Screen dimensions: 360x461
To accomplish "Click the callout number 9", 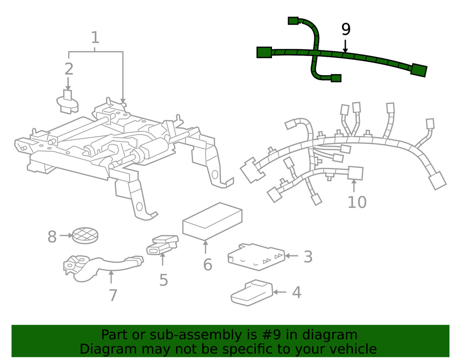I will pyautogui.click(x=346, y=30).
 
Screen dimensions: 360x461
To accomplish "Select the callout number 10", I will pyautogui.click(x=357, y=202).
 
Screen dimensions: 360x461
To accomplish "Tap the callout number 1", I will pyautogui.click(x=95, y=37).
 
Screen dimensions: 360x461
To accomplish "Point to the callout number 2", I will pyautogui.click(x=69, y=69).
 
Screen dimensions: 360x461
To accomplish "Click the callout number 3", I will pyautogui.click(x=308, y=257).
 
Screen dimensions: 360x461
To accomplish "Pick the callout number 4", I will pyautogui.click(x=296, y=292).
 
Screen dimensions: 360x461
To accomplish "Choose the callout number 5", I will pyautogui.click(x=164, y=280).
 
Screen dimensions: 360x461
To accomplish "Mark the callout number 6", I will pyautogui.click(x=207, y=265).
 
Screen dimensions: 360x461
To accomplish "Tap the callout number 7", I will pyautogui.click(x=113, y=295).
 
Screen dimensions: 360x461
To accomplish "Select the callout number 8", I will pyautogui.click(x=52, y=237).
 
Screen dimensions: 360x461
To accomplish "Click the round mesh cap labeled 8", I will pyautogui.click(x=85, y=235).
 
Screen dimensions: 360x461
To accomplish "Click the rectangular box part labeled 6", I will pyautogui.click(x=212, y=221).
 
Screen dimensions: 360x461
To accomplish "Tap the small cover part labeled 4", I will pyautogui.click(x=251, y=292).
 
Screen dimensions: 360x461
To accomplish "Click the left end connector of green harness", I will pyautogui.click(x=264, y=52).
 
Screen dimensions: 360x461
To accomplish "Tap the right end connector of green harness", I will pyautogui.click(x=419, y=70).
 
